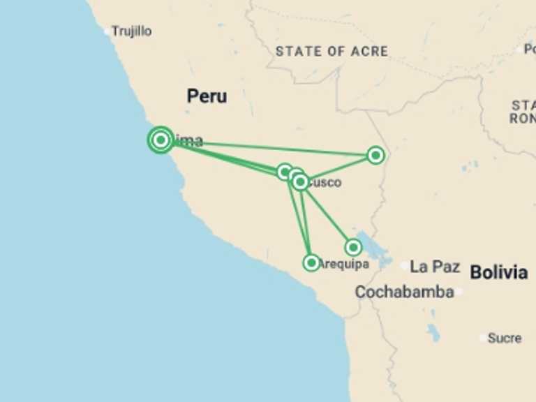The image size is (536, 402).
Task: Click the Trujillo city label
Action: pos(132,31)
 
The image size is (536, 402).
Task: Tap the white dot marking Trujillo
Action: pos(107,31)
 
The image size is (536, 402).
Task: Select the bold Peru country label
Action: pos(207,96)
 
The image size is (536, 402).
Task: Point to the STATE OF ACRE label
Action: pos(332,51)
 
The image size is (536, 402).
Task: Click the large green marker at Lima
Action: pos(161,140)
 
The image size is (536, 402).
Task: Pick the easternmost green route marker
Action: pos(375,155)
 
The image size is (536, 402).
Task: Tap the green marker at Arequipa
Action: pos(311,262)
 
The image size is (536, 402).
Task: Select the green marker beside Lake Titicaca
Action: pos(353,247)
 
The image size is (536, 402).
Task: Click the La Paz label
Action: pos(435,266)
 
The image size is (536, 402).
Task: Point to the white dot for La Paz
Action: pos(405,266)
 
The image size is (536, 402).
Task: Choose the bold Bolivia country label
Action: pos(498,272)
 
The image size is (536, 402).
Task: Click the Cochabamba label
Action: pos(404,292)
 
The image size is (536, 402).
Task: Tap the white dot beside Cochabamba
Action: pos(459,292)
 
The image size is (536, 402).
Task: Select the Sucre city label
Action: pos(504,338)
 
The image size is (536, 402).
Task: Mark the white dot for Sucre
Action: pos(483,338)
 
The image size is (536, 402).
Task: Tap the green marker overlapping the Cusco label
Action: pos(300,182)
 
